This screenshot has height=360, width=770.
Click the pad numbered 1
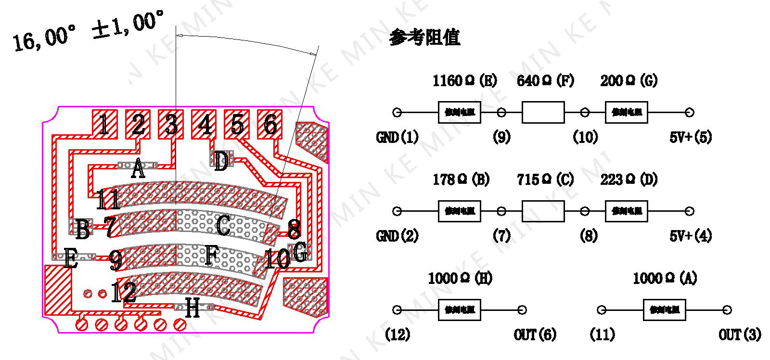click(x=104, y=124)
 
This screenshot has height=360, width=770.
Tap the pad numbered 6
click(x=270, y=124)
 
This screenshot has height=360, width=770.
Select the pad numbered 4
click(x=204, y=124)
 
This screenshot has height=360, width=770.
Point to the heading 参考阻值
click(x=424, y=37)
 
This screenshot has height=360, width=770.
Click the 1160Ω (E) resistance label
click(x=464, y=80)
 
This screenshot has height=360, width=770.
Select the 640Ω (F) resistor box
click(x=543, y=113)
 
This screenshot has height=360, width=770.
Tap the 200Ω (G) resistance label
click(x=629, y=80)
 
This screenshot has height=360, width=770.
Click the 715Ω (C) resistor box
click(x=543, y=211)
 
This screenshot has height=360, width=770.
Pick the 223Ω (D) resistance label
click(x=629, y=180)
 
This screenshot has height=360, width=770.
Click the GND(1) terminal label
click(x=397, y=138)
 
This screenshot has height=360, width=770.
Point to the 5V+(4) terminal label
click(x=691, y=236)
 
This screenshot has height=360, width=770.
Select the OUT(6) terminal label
click(x=535, y=334)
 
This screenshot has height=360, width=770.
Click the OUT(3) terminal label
click(x=740, y=334)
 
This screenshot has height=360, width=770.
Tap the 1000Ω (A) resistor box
click(x=664, y=310)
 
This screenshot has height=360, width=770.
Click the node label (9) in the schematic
click(x=501, y=138)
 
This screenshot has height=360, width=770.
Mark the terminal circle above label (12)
click(x=397, y=310)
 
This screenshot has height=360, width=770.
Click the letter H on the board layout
click(x=192, y=308)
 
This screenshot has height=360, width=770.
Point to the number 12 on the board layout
click(x=123, y=292)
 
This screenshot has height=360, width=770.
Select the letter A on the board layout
click(x=138, y=169)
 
